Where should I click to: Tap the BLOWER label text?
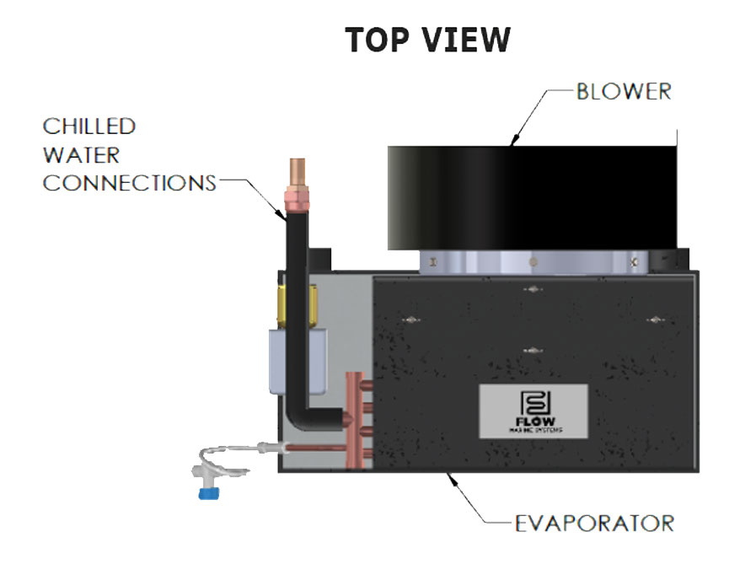624,92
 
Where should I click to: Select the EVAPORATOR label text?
594,524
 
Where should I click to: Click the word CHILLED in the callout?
89,127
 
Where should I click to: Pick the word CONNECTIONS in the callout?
129,183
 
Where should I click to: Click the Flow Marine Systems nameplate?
534,411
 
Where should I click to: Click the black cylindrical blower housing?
531,199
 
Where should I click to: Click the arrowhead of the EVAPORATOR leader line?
453,478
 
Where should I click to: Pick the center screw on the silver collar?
533,262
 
